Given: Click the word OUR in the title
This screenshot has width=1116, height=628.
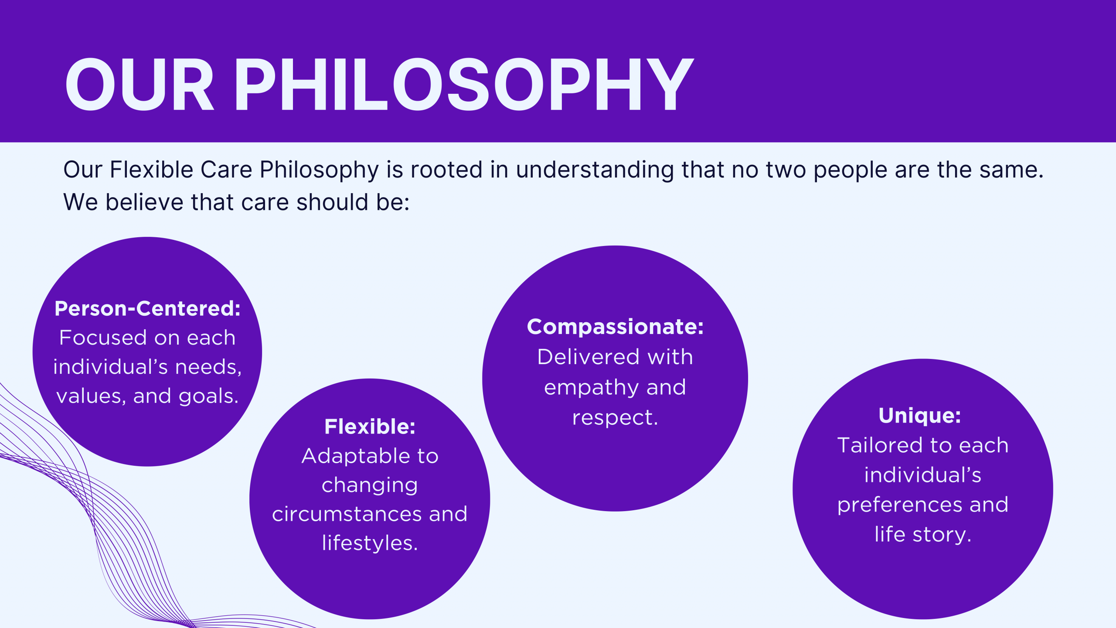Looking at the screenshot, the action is [x=139, y=84].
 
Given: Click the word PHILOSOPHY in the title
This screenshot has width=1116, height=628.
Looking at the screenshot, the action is [x=464, y=84].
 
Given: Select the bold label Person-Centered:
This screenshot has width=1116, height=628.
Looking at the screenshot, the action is [x=147, y=308].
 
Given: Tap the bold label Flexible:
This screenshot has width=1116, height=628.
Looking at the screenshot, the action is [x=370, y=427].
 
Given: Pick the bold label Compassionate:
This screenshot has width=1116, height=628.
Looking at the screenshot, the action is [x=615, y=327].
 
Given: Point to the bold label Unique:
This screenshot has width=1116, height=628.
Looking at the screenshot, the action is [x=920, y=415].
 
